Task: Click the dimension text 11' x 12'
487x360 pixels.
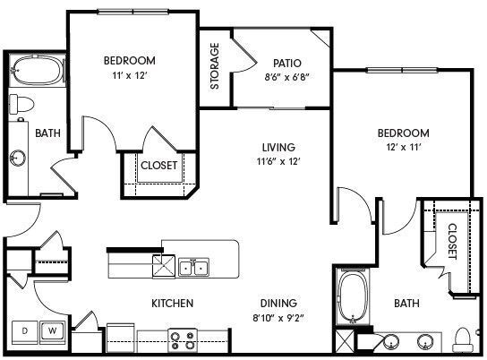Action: click(x=129, y=76)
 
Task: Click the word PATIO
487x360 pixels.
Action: click(x=287, y=63)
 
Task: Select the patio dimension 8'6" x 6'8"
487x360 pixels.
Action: click(x=287, y=77)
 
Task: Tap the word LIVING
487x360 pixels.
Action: click(x=278, y=147)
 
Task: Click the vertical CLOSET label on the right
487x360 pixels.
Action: click(x=452, y=241)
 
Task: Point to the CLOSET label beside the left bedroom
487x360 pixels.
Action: click(x=159, y=165)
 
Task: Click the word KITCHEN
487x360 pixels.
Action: click(x=173, y=304)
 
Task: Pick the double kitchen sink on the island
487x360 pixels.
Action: click(x=193, y=266)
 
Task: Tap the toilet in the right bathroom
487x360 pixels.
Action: click(x=464, y=339)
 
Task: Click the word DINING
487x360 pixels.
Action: click(x=278, y=304)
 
